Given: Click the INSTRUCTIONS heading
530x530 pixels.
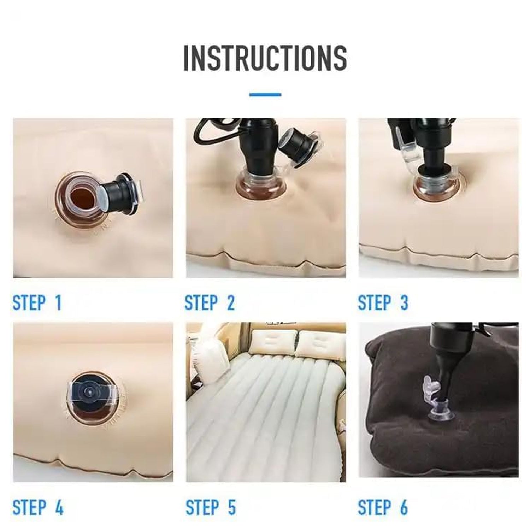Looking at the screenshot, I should [x=265, y=57].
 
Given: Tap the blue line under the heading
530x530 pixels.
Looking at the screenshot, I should [x=265, y=95].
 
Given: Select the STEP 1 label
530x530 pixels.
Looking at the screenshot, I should [x=37, y=303].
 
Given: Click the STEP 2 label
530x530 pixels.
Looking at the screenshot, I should [x=210, y=303].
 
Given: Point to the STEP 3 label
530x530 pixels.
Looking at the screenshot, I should [x=383, y=303].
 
